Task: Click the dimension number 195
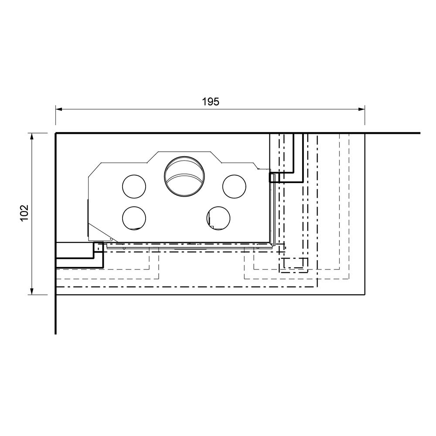coord(211,102)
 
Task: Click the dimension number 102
coord(24,213)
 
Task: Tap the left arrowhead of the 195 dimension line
coord(59,109)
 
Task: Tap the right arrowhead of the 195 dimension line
coord(361,109)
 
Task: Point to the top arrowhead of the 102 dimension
coord(32,137)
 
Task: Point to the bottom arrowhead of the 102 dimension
coord(32,291)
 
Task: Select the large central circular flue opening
coord(184,177)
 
